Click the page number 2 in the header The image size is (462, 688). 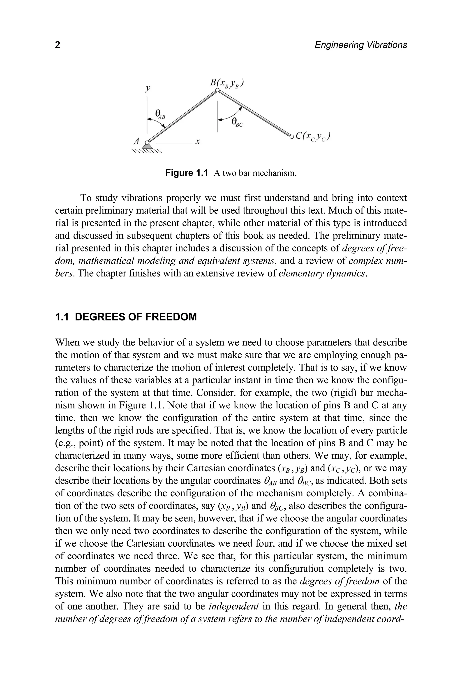[58, 45]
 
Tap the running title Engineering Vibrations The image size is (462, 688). [361, 45]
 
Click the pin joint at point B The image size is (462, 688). [217, 91]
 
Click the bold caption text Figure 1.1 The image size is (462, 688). [187, 173]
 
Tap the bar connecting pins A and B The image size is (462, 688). [182, 117]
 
